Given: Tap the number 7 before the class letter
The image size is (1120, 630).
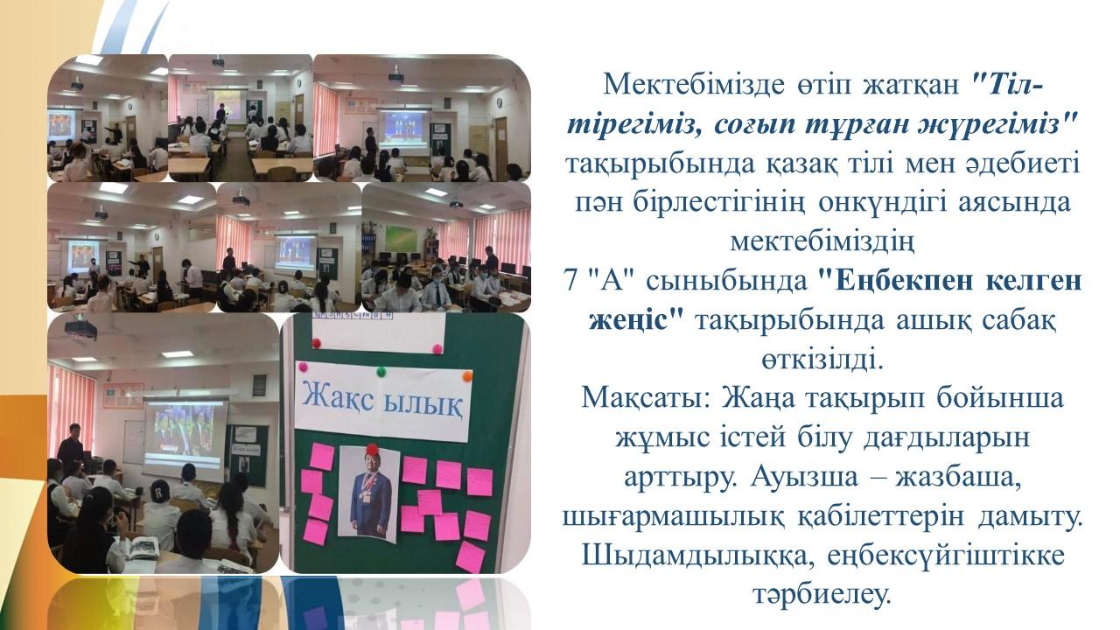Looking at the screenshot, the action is click(x=571, y=282).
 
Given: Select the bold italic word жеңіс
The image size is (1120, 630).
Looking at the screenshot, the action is click(x=628, y=321).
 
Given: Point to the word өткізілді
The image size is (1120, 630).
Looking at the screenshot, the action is click(x=822, y=360).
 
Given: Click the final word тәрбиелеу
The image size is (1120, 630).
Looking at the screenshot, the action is click(x=822, y=595).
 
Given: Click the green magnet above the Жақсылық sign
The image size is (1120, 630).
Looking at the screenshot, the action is click(x=381, y=372).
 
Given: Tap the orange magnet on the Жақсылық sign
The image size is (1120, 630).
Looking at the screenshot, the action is click(x=467, y=376).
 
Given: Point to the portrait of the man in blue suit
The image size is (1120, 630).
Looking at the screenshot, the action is click(x=369, y=493).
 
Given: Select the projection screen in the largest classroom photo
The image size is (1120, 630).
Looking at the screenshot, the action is click(x=185, y=437).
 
